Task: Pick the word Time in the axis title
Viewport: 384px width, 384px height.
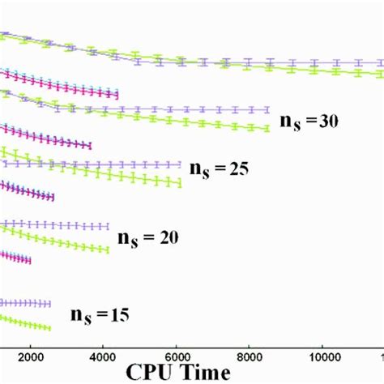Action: [207, 373]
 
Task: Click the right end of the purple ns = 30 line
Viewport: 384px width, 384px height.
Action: [268, 109]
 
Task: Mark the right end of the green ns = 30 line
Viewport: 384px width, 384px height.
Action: [268, 128]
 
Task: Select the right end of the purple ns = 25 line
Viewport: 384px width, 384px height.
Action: [180, 163]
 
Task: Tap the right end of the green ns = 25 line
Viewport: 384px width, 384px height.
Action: [180, 185]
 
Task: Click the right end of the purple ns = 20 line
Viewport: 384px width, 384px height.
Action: [108, 226]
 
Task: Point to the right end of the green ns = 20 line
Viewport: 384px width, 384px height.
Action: [108, 249]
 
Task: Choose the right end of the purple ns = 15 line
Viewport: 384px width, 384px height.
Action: [50, 303]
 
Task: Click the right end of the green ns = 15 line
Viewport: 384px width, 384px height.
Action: [50, 328]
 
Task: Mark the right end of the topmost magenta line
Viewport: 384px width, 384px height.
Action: [118, 97]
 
